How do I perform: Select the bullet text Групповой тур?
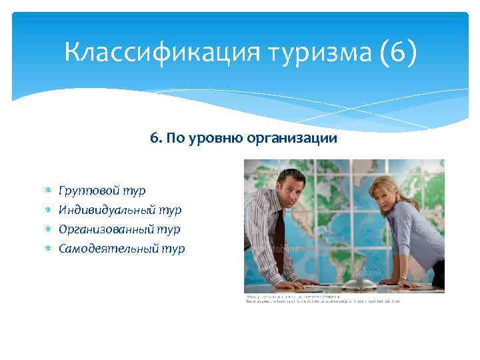tap(102, 191)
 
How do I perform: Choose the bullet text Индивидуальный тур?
tap(120, 210)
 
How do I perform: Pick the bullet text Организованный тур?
tap(119, 229)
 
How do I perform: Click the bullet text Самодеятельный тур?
tap(122, 249)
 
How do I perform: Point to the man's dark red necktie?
tap(281, 233)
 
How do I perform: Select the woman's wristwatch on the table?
tap(403, 278)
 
